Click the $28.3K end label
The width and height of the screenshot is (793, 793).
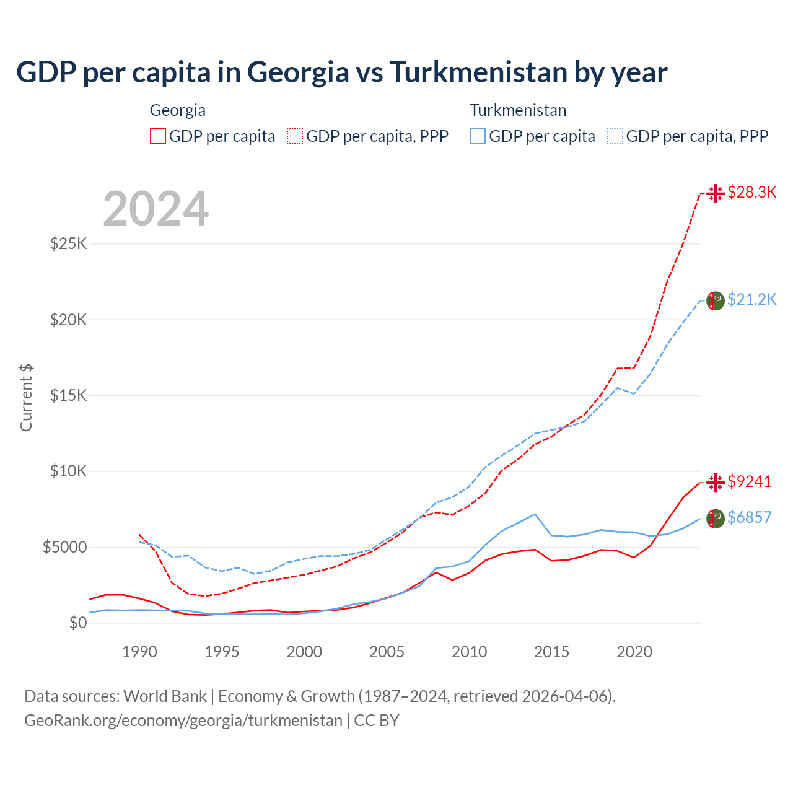(751, 193)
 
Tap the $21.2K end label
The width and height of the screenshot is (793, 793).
(751, 300)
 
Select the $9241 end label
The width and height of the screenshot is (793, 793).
(749, 481)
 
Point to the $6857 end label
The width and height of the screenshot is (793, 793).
(749, 517)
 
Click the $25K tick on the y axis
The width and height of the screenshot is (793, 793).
(69, 243)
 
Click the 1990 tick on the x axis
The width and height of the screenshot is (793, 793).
(139, 652)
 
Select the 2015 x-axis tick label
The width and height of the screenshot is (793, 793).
(551, 652)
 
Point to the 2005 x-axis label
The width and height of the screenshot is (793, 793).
(387, 652)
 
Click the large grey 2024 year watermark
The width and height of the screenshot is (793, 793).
(156, 209)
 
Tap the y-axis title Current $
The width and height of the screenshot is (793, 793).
(26, 398)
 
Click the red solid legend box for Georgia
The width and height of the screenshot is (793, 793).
(158, 136)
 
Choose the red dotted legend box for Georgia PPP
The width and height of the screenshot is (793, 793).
(295, 136)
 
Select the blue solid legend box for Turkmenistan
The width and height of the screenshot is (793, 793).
(478, 136)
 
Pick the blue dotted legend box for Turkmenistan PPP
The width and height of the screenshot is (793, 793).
(615, 136)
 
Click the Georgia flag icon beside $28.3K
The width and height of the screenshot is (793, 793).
(716, 193)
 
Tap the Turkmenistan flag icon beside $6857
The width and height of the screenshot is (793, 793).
(716, 518)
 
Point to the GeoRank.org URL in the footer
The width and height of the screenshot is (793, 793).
(183, 721)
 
